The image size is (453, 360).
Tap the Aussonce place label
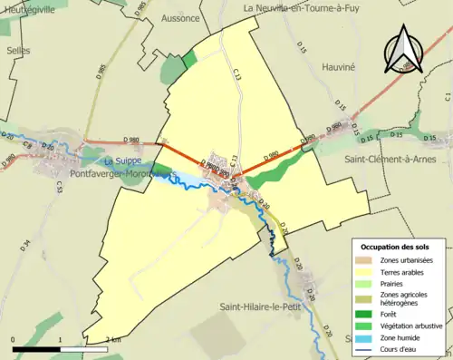(x=179, y=17)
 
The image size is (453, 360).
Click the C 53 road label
(x=59, y=187)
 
